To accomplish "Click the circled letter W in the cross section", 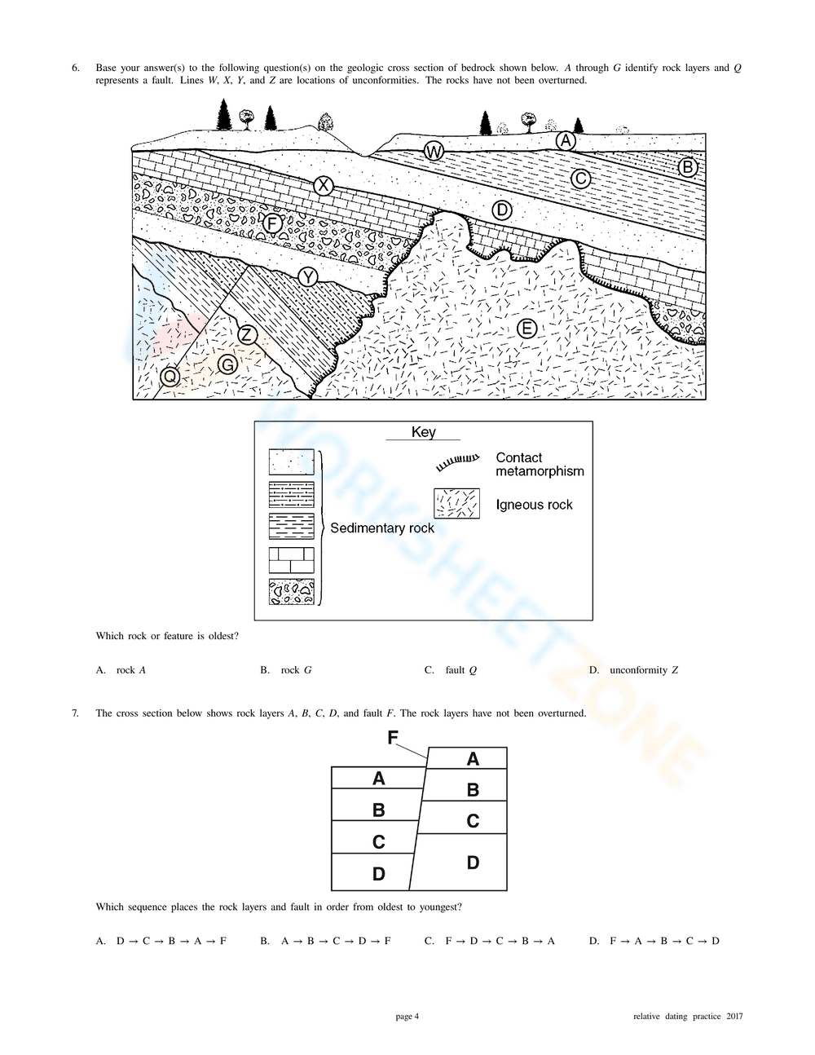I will click(434, 152).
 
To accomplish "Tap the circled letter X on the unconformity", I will click(324, 186).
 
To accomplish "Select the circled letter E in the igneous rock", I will click(527, 329).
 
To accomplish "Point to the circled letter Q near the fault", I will click(170, 377).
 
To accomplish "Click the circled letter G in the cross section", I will click(227, 364).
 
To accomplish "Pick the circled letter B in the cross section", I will click(688, 168).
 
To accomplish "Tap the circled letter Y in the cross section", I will click(307, 277).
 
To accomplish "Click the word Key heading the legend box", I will click(423, 432).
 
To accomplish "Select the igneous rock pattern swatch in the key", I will click(456, 504).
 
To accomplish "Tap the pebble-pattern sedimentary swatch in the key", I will click(291, 591).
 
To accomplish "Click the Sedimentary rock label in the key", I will click(382, 527).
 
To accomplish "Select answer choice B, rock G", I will click(286, 670).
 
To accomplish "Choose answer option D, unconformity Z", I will click(634, 670).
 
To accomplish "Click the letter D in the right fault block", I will click(473, 863).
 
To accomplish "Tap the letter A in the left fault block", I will click(378, 779).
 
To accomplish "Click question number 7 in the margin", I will click(75, 713).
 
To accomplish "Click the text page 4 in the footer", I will click(407, 1017).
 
